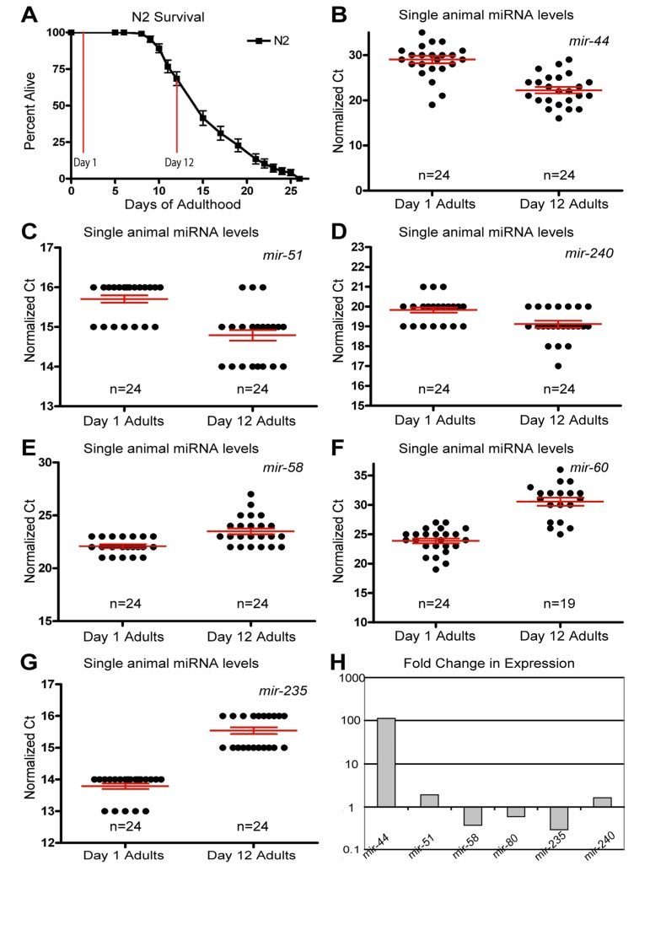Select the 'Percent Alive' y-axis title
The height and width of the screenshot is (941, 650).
30,105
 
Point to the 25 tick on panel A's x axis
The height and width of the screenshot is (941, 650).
291,191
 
